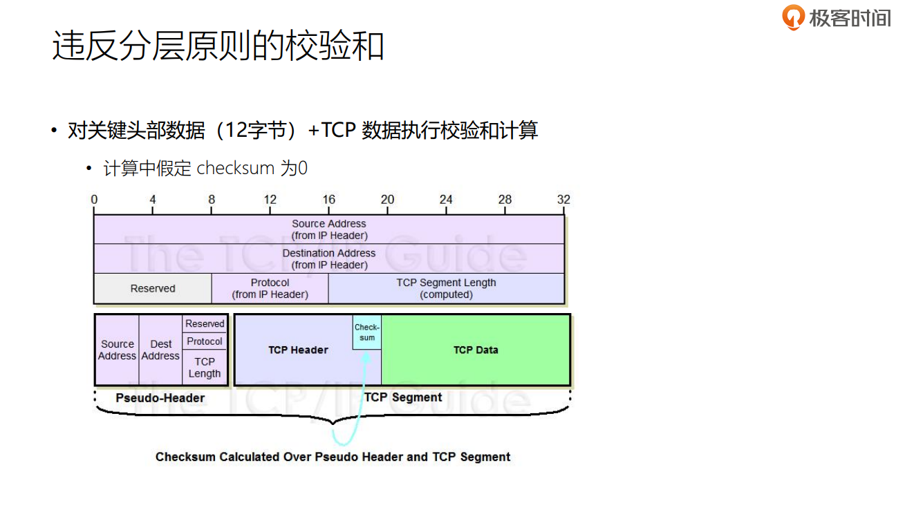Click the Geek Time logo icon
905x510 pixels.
click(x=793, y=17)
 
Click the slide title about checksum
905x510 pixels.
click(x=218, y=46)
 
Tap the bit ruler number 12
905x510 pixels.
click(x=270, y=200)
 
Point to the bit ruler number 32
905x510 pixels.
click(x=563, y=200)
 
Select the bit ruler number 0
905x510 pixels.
click(x=94, y=200)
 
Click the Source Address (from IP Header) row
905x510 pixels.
click(x=329, y=229)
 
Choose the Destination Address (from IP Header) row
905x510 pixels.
click(x=329, y=259)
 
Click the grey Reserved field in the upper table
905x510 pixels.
click(x=153, y=289)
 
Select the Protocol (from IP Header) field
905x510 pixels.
click(x=270, y=289)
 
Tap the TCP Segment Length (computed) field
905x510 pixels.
click(x=446, y=289)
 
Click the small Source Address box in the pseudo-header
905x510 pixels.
click(x=117, y=350)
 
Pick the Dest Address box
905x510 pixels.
click(x=160, y=350)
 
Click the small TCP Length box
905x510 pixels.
click(x=205, y=368)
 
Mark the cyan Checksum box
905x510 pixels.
click(x=367, y=332)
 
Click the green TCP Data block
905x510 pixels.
click(x=476, y=350)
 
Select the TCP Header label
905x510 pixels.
click(x=298, y=350)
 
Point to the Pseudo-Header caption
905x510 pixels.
click(x=160, y=398)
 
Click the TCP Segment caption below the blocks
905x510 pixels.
click(x=403, y=397)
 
